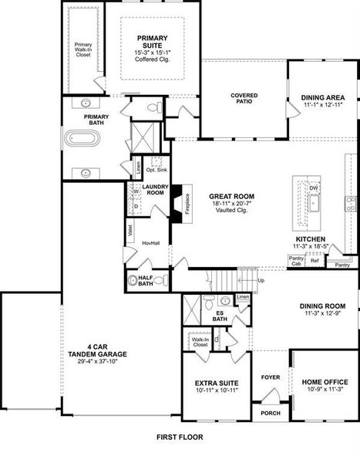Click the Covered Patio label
244,96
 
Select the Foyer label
270,377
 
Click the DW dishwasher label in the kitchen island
313,188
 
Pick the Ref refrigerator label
315,260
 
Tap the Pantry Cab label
295,262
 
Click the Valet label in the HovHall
130,231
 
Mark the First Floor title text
179,437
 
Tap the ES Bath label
220,316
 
